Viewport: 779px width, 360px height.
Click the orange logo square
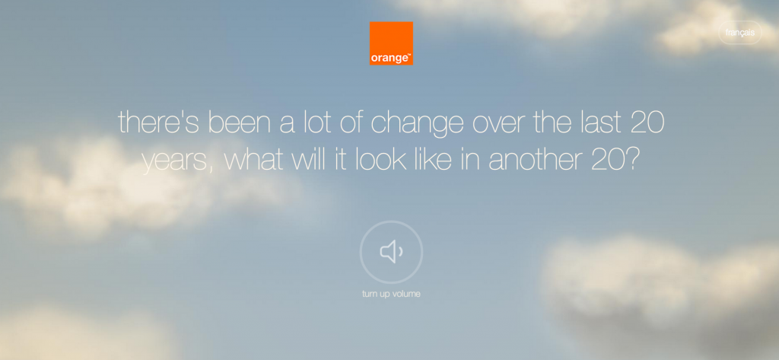tap(391, 43)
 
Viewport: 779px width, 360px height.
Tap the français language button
tap(739, 33)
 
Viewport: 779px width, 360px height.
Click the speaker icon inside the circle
tap(392, 252)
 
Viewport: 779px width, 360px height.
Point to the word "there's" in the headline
tap(159, 122)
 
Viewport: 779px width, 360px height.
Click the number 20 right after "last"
tap(647, 123)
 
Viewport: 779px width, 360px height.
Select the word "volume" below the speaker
tap(406, 294)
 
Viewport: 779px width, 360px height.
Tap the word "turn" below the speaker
tap(370, 294)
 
